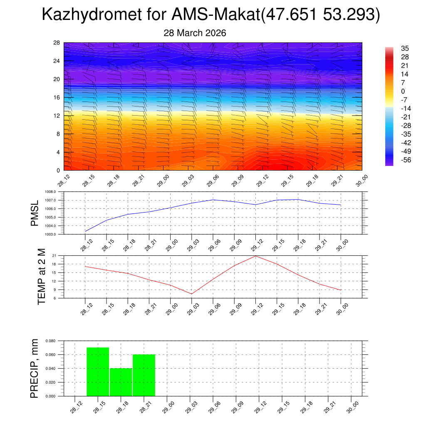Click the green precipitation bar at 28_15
point(98,372)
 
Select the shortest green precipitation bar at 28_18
point(121,382)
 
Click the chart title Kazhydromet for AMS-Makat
point(211,15)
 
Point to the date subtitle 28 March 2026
point(195,33)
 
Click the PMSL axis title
point(35,213)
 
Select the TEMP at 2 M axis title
point(42,277)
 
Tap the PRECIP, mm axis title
point(35,369)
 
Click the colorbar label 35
point(405,48)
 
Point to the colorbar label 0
point(403,91)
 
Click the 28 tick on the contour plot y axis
point(57,42)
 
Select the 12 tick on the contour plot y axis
point(57,116)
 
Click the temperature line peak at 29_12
point(255,256)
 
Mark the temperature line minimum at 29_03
point(192,294)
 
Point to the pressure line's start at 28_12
point(85,231)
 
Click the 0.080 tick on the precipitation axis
point(50,341)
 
